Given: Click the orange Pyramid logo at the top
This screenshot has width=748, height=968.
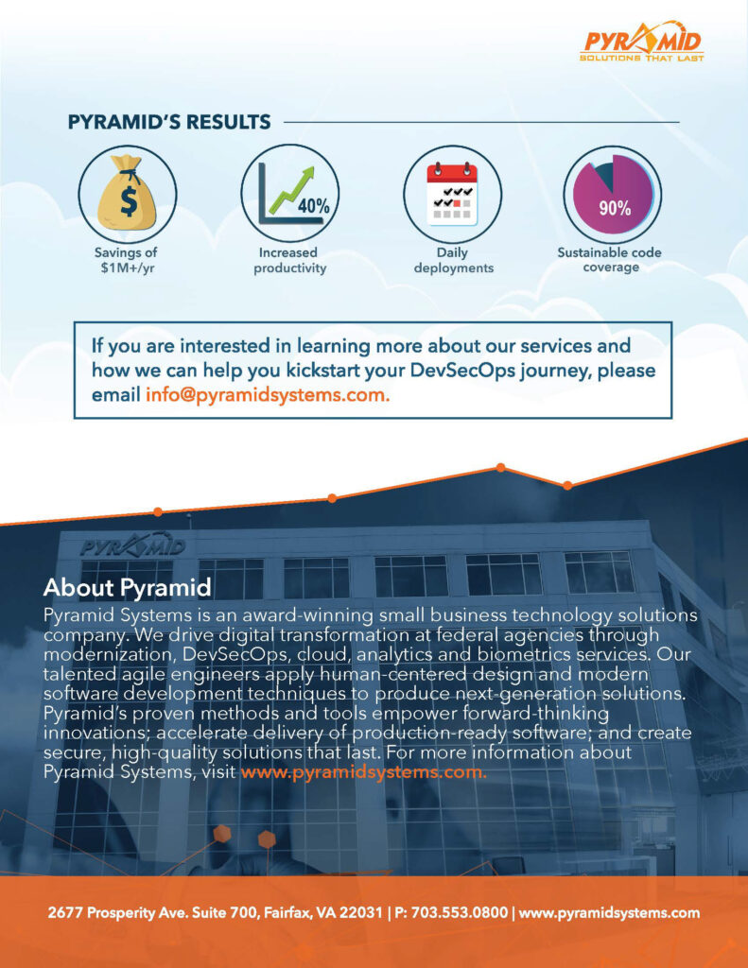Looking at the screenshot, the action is [x=642, y=42].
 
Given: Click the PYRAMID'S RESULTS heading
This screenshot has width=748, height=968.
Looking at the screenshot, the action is [x=169, y=122].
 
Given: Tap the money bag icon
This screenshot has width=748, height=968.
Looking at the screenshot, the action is [x=128, y=193].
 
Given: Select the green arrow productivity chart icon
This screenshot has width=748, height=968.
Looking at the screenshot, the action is [x=289, y=193].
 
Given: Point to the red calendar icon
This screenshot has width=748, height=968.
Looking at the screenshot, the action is [x=453, y=193].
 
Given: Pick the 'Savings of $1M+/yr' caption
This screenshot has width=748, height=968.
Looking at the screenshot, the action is [x=126, y=260].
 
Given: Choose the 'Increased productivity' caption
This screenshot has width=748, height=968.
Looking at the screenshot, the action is [x=289, y=260].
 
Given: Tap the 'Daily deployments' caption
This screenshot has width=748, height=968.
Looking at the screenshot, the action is [x=453, y=260].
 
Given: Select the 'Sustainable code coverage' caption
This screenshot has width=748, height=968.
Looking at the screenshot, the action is [x=610, y=259].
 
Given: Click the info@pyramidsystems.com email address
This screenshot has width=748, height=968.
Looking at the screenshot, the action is [x=268, y=394].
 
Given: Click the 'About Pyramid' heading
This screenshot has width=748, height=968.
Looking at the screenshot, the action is [x=128, y=587].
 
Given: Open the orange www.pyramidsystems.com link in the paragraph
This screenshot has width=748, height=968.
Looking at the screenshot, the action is [x=363, y=772].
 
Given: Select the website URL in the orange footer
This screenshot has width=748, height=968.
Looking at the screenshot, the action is [x=609, y=912].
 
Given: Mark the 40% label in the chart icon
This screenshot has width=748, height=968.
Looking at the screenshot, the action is [x=314, y=205].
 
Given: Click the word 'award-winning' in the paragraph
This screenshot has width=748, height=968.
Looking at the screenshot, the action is [x=307, y=615].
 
